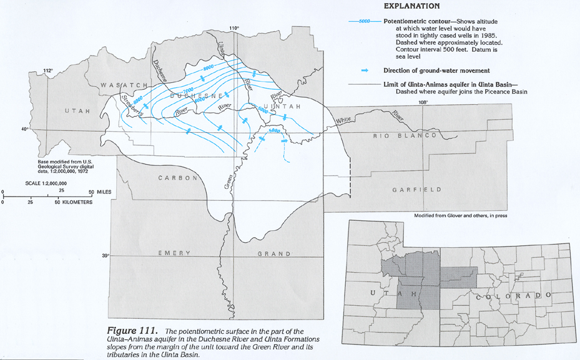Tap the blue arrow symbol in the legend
click(x=365, y=70)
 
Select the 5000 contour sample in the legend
click(x=364, y=21)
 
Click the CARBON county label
click(x=178, y=178)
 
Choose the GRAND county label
click(x=274, y=254)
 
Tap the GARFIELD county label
click(x=417, y=190)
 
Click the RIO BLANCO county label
click(x=404, y=135)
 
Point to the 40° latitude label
click(x=26, y=129)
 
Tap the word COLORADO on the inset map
click(x=514, y=295)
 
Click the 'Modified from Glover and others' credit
click(x=460, y=216)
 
